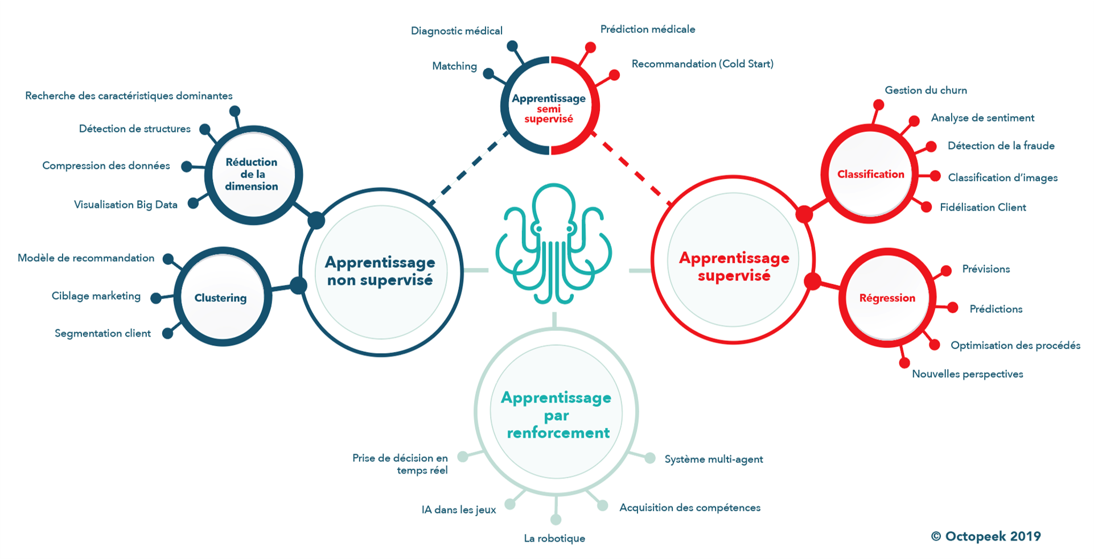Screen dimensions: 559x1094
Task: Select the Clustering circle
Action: click(221, 297)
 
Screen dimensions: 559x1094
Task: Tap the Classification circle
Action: click(870, 174)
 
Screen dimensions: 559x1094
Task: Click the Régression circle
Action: click(887, 297)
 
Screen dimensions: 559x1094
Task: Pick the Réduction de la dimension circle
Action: click(252, 174)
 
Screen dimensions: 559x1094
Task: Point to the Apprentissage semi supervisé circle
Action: click(549, 107)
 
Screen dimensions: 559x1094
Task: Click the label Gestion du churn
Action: click(926, 90)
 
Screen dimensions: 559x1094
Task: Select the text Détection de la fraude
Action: click(1001, 146)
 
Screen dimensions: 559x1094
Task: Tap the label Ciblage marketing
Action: click(96, 296)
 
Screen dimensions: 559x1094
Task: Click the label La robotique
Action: click(554, 538)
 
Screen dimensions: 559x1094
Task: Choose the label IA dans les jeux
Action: click(458, 510)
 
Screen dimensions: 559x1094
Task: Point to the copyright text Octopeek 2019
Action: click(986, 536)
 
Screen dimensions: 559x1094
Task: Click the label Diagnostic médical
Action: click(456, 31)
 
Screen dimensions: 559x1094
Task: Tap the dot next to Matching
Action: click(488, 73)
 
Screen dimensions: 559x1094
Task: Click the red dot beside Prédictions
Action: click(953, 308)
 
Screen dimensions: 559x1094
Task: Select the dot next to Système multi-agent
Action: click(649, 458)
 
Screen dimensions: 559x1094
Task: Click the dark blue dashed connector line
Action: click(468, 169)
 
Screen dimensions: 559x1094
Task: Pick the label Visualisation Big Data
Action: click(126, 205)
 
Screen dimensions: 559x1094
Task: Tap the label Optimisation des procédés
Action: click(1015, 345)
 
